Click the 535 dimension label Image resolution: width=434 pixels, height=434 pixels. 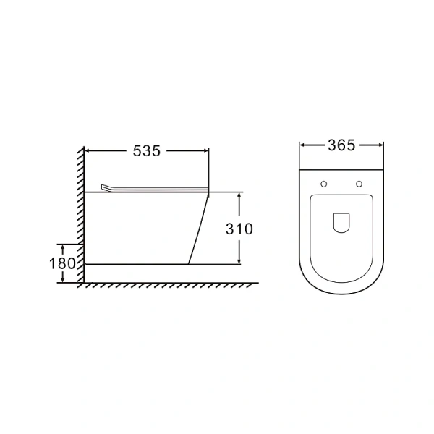click(147, 151)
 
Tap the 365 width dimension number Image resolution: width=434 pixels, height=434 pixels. click(341, 145)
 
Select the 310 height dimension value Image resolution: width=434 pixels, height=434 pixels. click(239, 229)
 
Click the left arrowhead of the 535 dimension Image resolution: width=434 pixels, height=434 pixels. click(89, 151)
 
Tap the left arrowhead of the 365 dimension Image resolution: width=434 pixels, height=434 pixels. click(303, 145)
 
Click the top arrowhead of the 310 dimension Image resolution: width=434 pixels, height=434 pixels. click(239, 195)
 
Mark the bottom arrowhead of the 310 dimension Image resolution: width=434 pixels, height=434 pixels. click(239, 261)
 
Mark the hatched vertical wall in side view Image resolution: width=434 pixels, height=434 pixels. click(78, 210)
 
